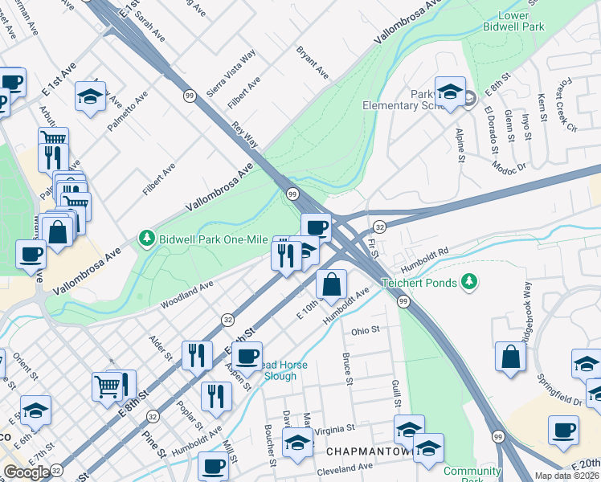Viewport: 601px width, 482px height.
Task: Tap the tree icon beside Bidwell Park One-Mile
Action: click(146, 238)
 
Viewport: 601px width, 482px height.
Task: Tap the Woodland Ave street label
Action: click(186, 294)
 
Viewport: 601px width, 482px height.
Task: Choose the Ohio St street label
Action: click(365, 329)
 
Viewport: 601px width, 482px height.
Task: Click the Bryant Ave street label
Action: click(313, 62)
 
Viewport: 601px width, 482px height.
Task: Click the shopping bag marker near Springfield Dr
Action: click(511, 357)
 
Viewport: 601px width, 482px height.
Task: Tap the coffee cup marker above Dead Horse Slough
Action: click(248, 354)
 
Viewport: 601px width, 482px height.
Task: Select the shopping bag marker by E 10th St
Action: click(332, 283)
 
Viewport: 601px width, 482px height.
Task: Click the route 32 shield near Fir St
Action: click(379, 228)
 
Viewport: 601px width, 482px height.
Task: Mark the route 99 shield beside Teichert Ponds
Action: click(403, 300)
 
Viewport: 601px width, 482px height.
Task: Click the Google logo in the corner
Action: click(27, 472)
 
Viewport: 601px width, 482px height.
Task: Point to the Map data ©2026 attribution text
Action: click(566, 476)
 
